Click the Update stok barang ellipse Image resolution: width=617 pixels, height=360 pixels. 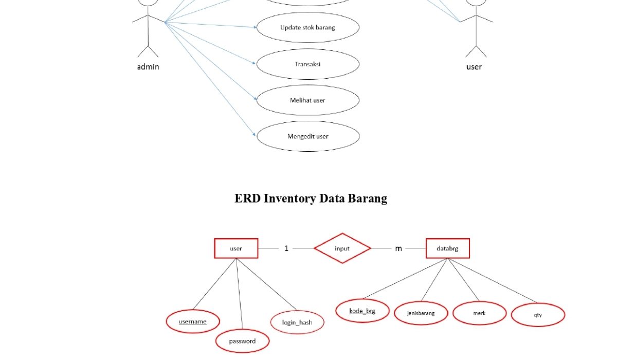[307, 27]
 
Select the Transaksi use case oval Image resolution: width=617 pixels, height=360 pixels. [307, 64]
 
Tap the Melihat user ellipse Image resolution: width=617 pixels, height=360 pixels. [307, 100]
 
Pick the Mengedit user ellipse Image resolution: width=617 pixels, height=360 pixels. [307, 136]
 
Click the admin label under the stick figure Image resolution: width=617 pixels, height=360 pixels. [148, 66]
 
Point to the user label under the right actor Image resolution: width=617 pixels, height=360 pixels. [474, 66]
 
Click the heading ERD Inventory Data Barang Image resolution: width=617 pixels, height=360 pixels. [311, 198]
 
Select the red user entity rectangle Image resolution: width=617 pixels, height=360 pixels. [236, 248]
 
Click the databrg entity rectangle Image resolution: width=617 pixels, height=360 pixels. [448, 248]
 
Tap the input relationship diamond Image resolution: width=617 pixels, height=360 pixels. [342, 248]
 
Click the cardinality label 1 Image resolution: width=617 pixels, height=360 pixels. [286, 248]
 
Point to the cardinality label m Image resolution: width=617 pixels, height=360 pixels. [398, 248]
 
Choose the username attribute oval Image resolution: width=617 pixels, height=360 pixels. [193, 321]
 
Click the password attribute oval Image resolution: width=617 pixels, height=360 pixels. [242, 341]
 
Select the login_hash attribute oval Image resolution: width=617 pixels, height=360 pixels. [297, 322]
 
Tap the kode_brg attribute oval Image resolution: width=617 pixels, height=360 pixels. [362, 311]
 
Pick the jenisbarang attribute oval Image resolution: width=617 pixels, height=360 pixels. [421, 313]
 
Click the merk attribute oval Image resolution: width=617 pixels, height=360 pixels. [479, 313]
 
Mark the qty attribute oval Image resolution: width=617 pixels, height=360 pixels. [538, 314]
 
